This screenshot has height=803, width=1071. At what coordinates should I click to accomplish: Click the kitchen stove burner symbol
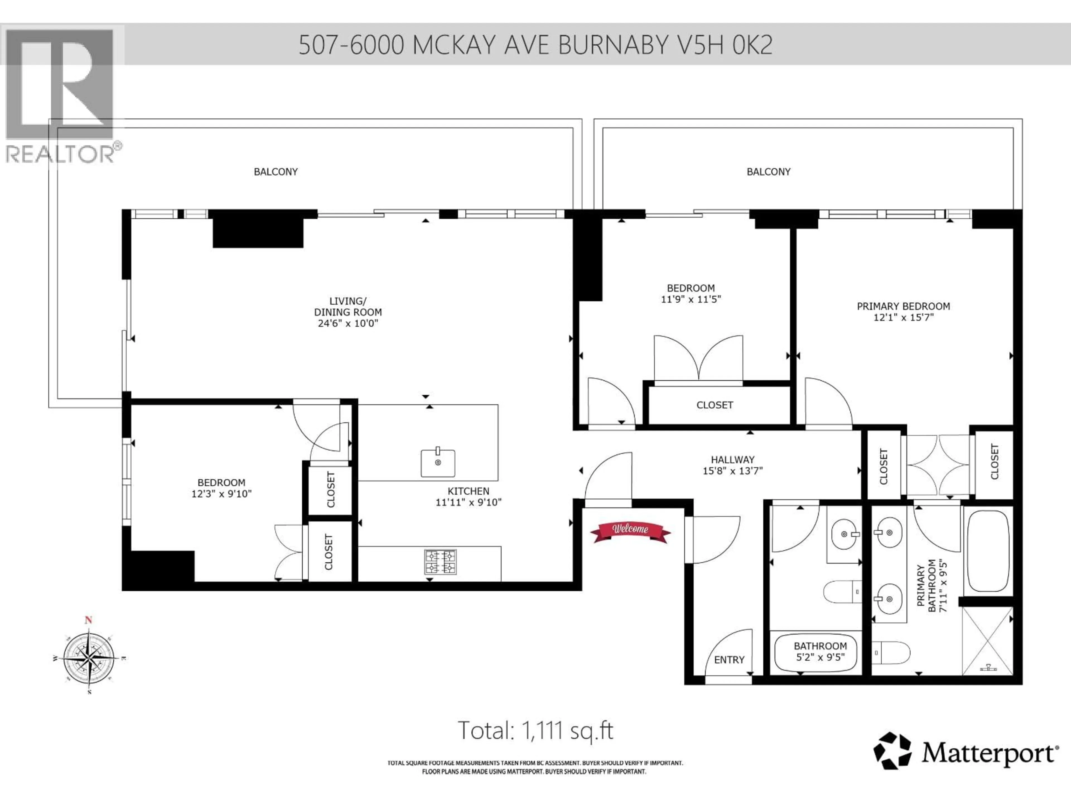click(440, 562)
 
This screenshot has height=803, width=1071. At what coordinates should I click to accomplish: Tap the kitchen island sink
click(438, 463)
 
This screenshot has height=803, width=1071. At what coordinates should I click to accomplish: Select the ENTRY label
click(729, 660)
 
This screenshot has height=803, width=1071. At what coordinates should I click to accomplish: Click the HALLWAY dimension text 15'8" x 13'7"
click(733, 470)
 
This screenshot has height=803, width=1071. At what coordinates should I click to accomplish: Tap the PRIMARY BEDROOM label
click(903, 306)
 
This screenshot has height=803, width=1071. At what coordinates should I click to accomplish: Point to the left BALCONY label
click(276, 172)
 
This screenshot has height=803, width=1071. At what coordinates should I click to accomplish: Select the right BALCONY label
click(768, 172)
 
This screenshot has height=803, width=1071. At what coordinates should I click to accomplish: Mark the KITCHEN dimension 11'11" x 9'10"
click(468, 502)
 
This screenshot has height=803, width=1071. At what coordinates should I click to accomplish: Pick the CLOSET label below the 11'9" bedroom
click(715, 405)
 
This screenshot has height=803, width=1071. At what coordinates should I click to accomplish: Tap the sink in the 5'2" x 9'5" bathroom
click(845, 535)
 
